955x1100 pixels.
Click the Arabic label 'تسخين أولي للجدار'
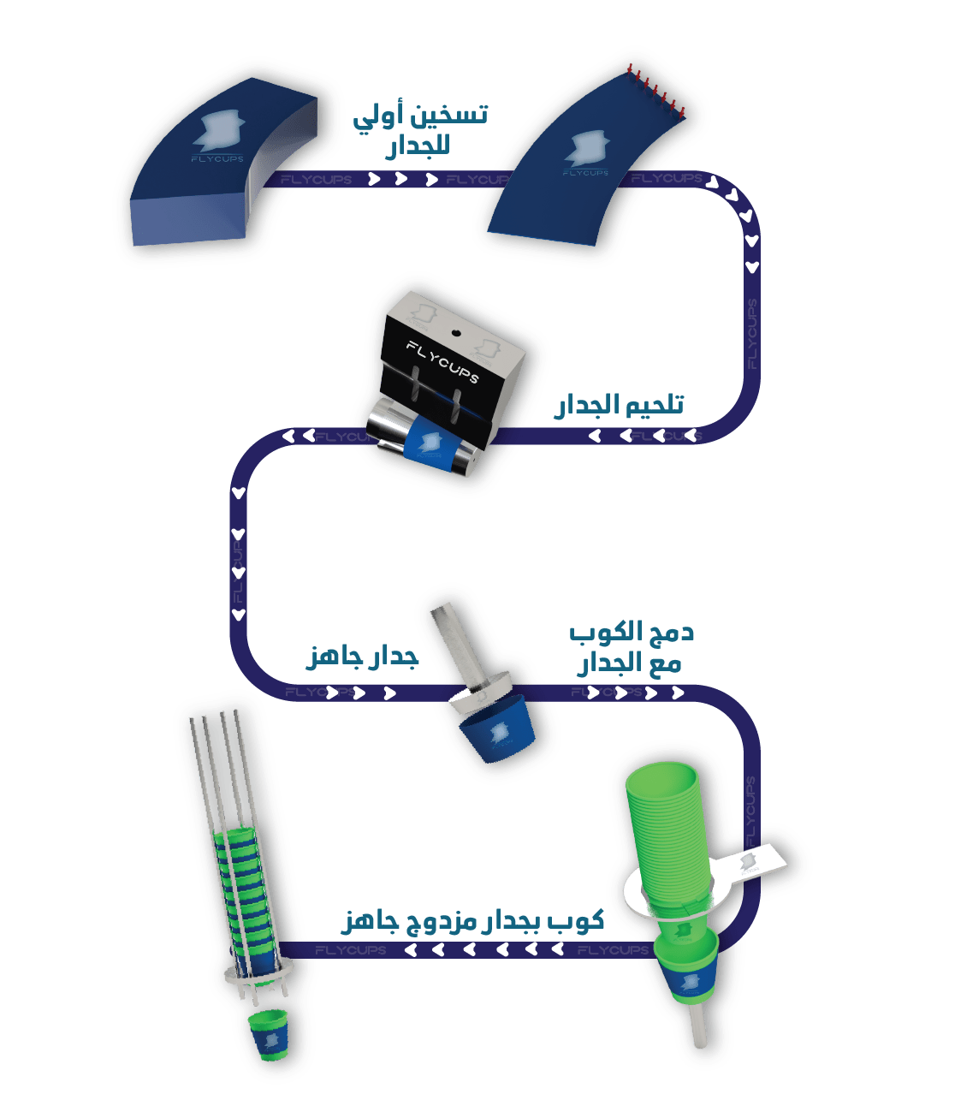click(x=420, y=130)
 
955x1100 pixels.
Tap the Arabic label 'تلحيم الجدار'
click(x=619, y=405)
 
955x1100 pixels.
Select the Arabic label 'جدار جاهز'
click(x=362, y=658)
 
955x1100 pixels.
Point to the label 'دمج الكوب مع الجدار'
click(x=632, y=648)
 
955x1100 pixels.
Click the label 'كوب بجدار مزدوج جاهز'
click(x=473, y=920)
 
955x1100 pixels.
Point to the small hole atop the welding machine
click(x=456, y=332)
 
